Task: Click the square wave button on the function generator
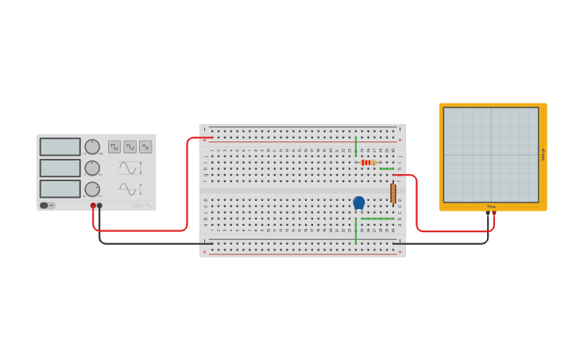114,147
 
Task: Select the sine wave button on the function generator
130,147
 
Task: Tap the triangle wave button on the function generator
145,147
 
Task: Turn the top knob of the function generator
92,147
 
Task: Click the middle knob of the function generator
92,168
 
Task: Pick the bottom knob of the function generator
92,189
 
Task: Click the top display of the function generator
60,147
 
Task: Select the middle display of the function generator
60,168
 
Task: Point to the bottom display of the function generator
60,189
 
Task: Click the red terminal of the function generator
93,206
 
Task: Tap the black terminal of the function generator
99,206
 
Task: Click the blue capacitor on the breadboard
359,203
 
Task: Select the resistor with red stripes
367,162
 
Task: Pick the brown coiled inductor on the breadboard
392,193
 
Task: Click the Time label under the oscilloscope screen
491,207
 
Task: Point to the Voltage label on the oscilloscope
543,155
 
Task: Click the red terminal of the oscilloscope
494,213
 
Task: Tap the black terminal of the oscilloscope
488,213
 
